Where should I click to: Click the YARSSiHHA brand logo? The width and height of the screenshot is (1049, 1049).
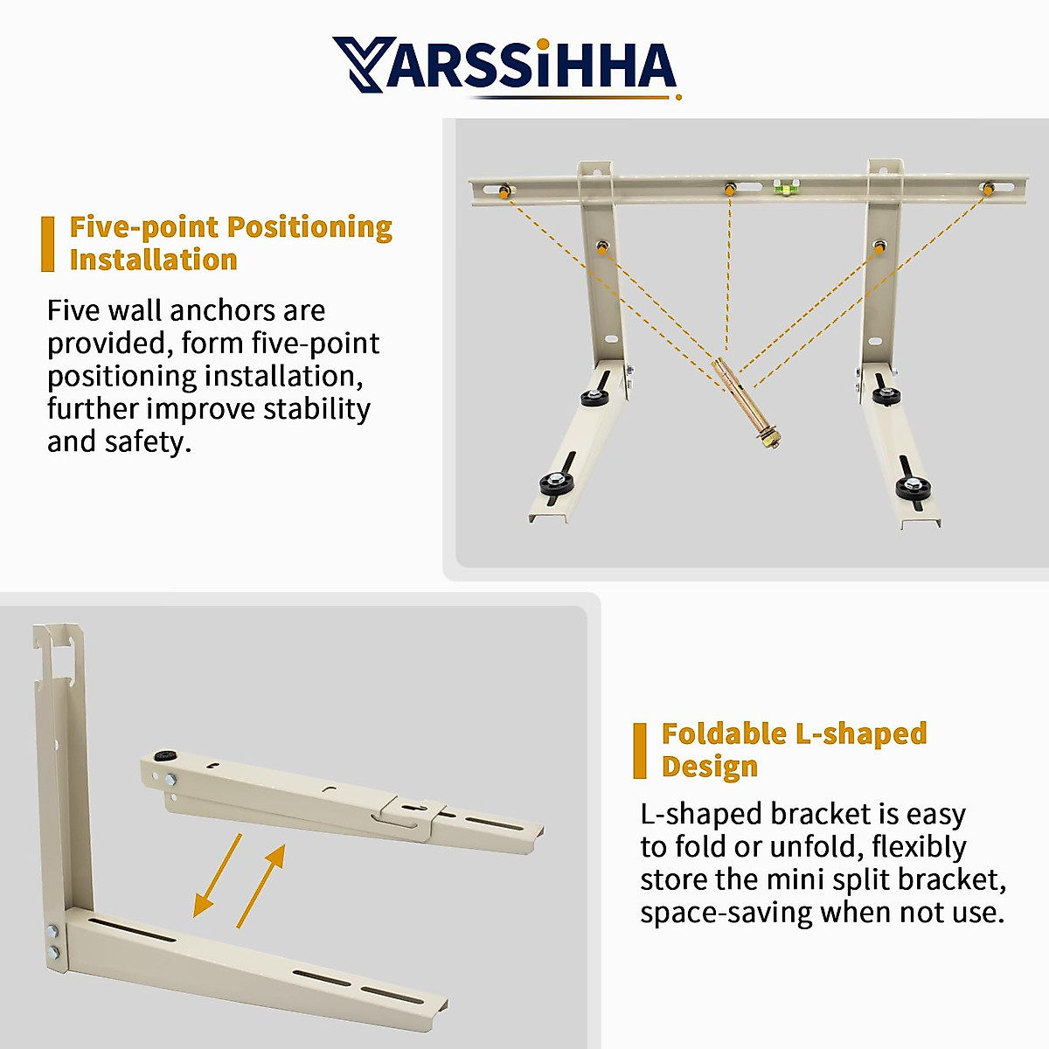point(505,66)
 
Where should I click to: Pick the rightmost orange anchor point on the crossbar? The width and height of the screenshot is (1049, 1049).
point(987,189)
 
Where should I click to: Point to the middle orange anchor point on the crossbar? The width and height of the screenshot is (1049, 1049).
point(729,189)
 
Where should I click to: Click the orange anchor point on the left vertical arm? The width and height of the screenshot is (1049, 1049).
point(601,248)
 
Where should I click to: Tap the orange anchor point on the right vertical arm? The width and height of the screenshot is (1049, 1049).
point(879,248)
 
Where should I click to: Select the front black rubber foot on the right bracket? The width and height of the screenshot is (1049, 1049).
point(913,488)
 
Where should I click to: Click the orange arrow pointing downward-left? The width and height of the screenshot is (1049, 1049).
point(217,875)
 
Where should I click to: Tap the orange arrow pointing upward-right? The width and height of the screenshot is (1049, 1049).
point(261,886)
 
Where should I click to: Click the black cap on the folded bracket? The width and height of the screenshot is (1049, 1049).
point(163,755)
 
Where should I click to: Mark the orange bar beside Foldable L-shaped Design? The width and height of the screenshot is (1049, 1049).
point(640,750)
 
